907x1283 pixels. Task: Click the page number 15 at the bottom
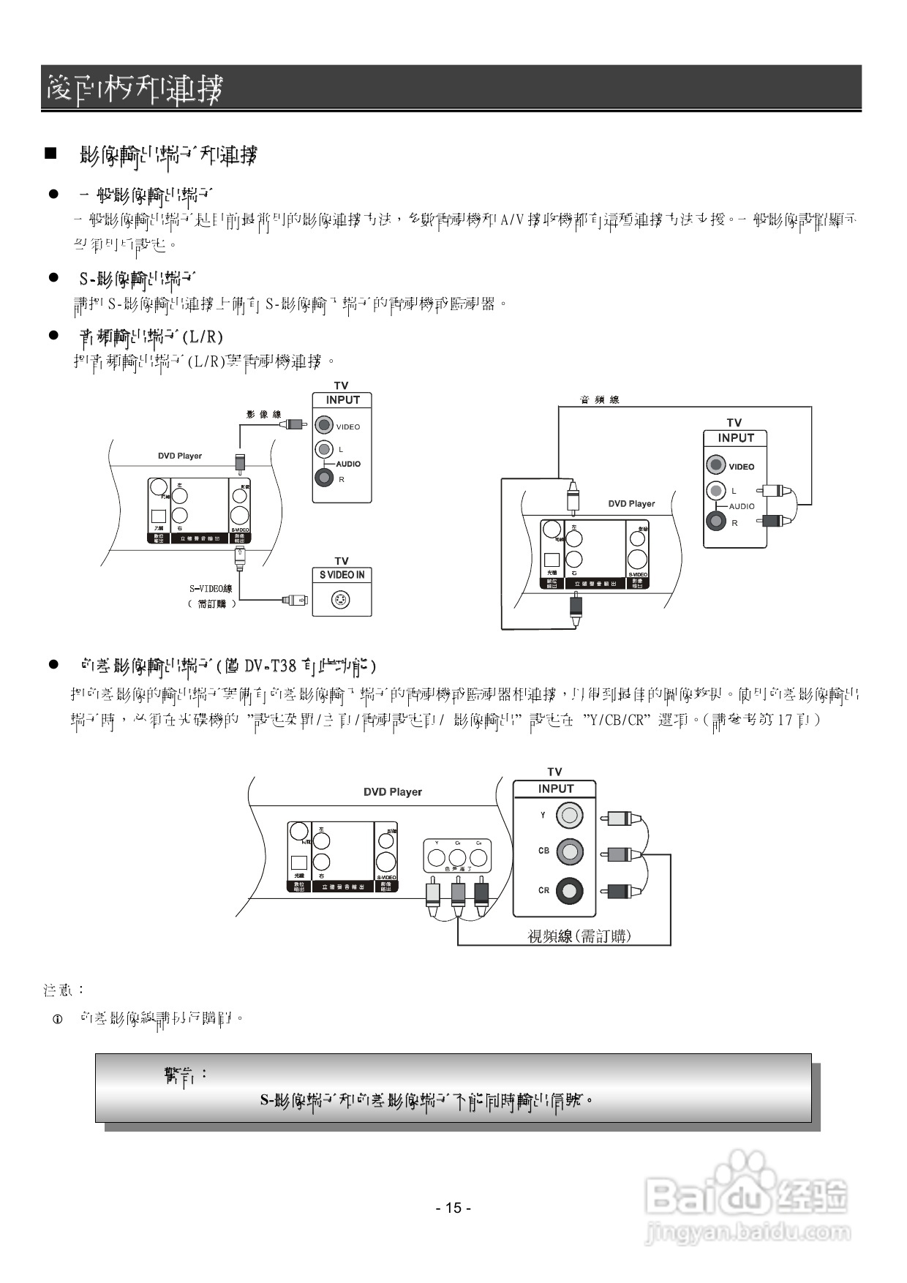[x=453, y=1208]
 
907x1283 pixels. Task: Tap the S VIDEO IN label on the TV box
[x=342, y=575]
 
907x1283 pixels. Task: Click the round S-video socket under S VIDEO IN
[x=341, y=601]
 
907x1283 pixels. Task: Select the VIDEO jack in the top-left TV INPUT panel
[x=324, y=425]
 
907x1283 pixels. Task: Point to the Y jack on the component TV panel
[x=570, y=815]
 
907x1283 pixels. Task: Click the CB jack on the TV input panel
[x=570, y=851]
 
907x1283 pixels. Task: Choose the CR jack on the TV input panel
[x=570, y=890]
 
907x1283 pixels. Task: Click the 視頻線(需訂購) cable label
[x=579, y=936]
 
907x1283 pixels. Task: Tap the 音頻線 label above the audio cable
[x=599, y=399]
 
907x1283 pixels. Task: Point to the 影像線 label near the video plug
[x=263, y=415]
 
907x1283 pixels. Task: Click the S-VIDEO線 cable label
[x=211, y=588]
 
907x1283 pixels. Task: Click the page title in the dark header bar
[x=134, y=89]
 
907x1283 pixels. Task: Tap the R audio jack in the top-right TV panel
[x=717, y=522]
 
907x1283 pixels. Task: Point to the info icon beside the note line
[x=58, y=1019]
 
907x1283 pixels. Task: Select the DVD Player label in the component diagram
[x=393, y=791]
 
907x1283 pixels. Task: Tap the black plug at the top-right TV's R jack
[x=772, y=521]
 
